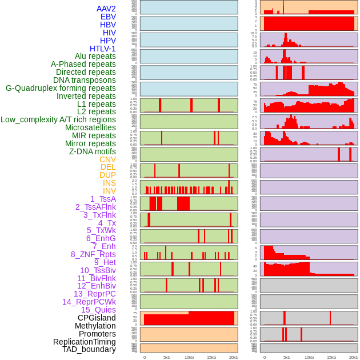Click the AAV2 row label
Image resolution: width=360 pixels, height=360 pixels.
tap(106, 9)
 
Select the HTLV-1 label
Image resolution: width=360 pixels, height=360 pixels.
tap(103, 49)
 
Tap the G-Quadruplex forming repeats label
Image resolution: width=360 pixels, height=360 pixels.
tap(61, 88)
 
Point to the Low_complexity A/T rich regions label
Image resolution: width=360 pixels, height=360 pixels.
tap(58, 119)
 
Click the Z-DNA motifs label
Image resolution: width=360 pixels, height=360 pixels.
tap(93, 151)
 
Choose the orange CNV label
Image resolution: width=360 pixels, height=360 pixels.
tap(107, 159)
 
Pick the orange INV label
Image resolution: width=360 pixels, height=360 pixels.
tap(109, 191)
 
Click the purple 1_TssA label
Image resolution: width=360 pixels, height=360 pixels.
tap(103, 199)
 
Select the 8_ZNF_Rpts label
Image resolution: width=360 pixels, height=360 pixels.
tap(93, 254)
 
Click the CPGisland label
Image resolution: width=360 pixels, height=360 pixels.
tap(97, 318)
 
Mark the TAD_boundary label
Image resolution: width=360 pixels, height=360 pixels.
tap(89, 349)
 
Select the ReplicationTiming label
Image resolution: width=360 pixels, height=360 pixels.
tap(85, 342)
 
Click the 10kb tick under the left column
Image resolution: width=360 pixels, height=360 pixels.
tap(189, 357)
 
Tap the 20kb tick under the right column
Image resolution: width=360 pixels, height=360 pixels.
tap(354, 357)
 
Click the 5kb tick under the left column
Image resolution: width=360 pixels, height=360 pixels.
tap(167, 357)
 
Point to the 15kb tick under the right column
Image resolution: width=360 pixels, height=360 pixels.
tap(331, 357)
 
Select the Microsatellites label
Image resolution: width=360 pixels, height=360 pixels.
tap(90, 127)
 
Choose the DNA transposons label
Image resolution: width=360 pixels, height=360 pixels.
tap(85, 80)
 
